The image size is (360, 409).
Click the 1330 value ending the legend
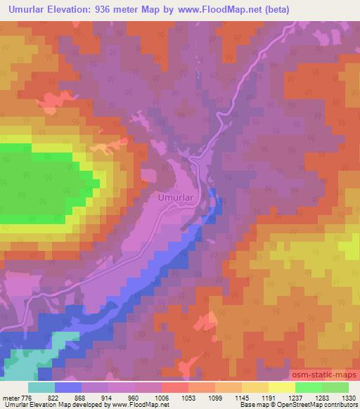coord(349,397)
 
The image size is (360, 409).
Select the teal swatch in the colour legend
coord(41,387)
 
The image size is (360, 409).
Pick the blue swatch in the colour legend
coord(68,387)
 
